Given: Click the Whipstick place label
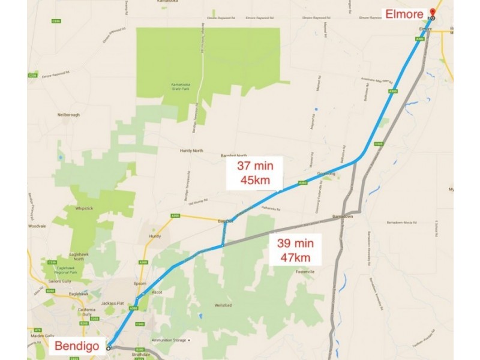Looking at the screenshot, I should (x=86, y=208).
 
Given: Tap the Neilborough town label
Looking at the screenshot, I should (x=68, y=114).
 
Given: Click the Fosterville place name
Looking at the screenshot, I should (x=302, y=272).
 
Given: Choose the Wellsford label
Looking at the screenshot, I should (x=223, y=306).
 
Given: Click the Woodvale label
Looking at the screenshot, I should (x=37, y=226).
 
